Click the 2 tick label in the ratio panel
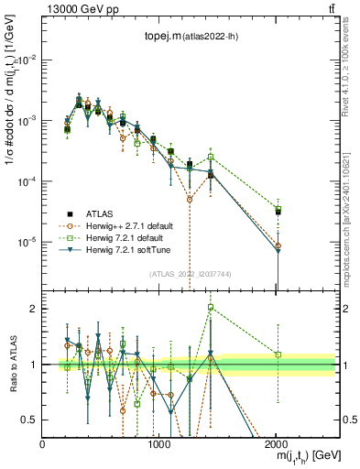pyautogui.click(x=34, y=309)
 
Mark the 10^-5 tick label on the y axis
pyautogui.click(x=27, y=243)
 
